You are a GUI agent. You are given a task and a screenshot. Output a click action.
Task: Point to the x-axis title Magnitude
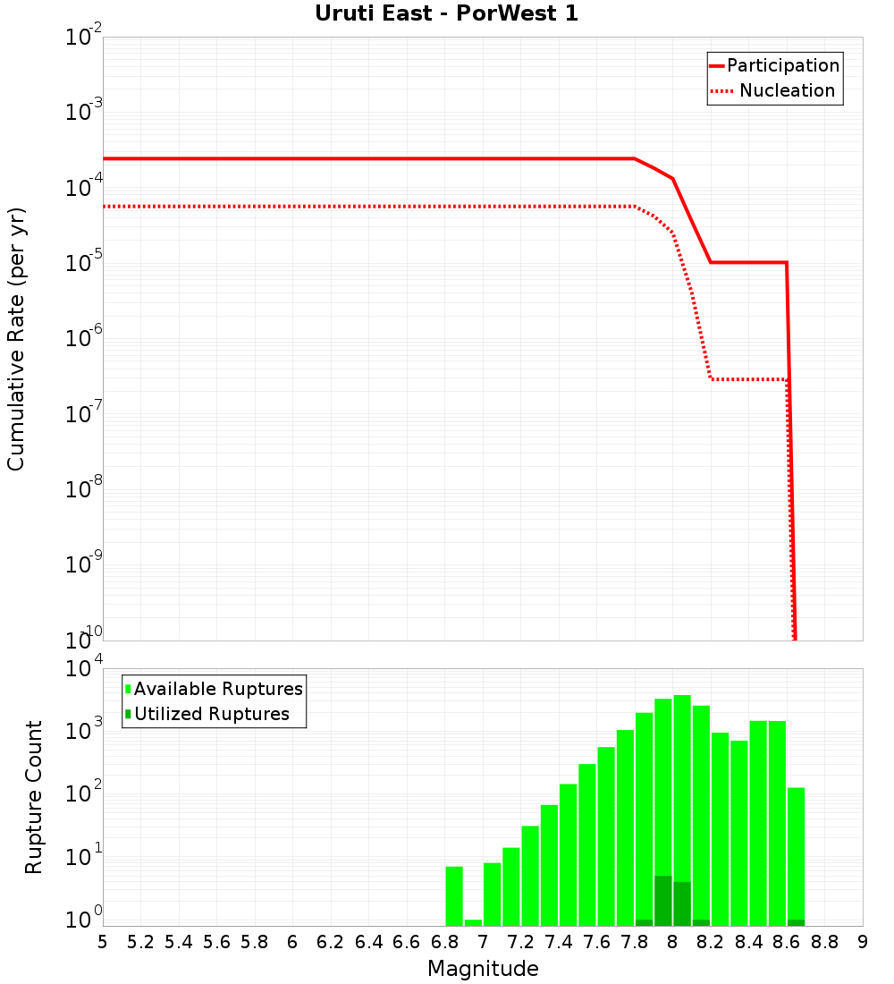pyautogui.click(x=483, y=969)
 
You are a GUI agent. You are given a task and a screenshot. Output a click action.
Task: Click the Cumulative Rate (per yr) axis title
pyautogui.click(x=16, y=338)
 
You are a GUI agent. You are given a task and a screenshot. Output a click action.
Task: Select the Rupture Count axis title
pyautogui.click(x=34, y=796)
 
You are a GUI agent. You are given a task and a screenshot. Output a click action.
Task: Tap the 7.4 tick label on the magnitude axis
pyautogui.click(x=559, y=942)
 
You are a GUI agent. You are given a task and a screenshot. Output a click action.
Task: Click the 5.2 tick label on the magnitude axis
pyautogui.click(x=141, y=942)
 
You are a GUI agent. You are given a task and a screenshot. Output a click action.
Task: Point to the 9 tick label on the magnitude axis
pyautogui.click(x=863, y=942)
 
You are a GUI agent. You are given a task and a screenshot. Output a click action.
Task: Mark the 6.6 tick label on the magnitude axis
pyautogui.click(x=407, y=942)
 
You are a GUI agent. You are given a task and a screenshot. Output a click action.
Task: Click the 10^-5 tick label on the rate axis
pyautogui.click(x=84, y=263)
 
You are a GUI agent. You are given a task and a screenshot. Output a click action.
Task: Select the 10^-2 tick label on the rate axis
pyautogui.click(x=84, y=38)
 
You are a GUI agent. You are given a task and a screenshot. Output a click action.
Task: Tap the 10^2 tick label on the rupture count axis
pyautogui.click(x=84, y=793)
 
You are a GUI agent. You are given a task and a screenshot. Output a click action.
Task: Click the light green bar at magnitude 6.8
pyautogui.click(x=454, y=895)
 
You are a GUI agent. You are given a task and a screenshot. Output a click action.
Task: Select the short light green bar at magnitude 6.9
pyautogui.click(x=473, y=922)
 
